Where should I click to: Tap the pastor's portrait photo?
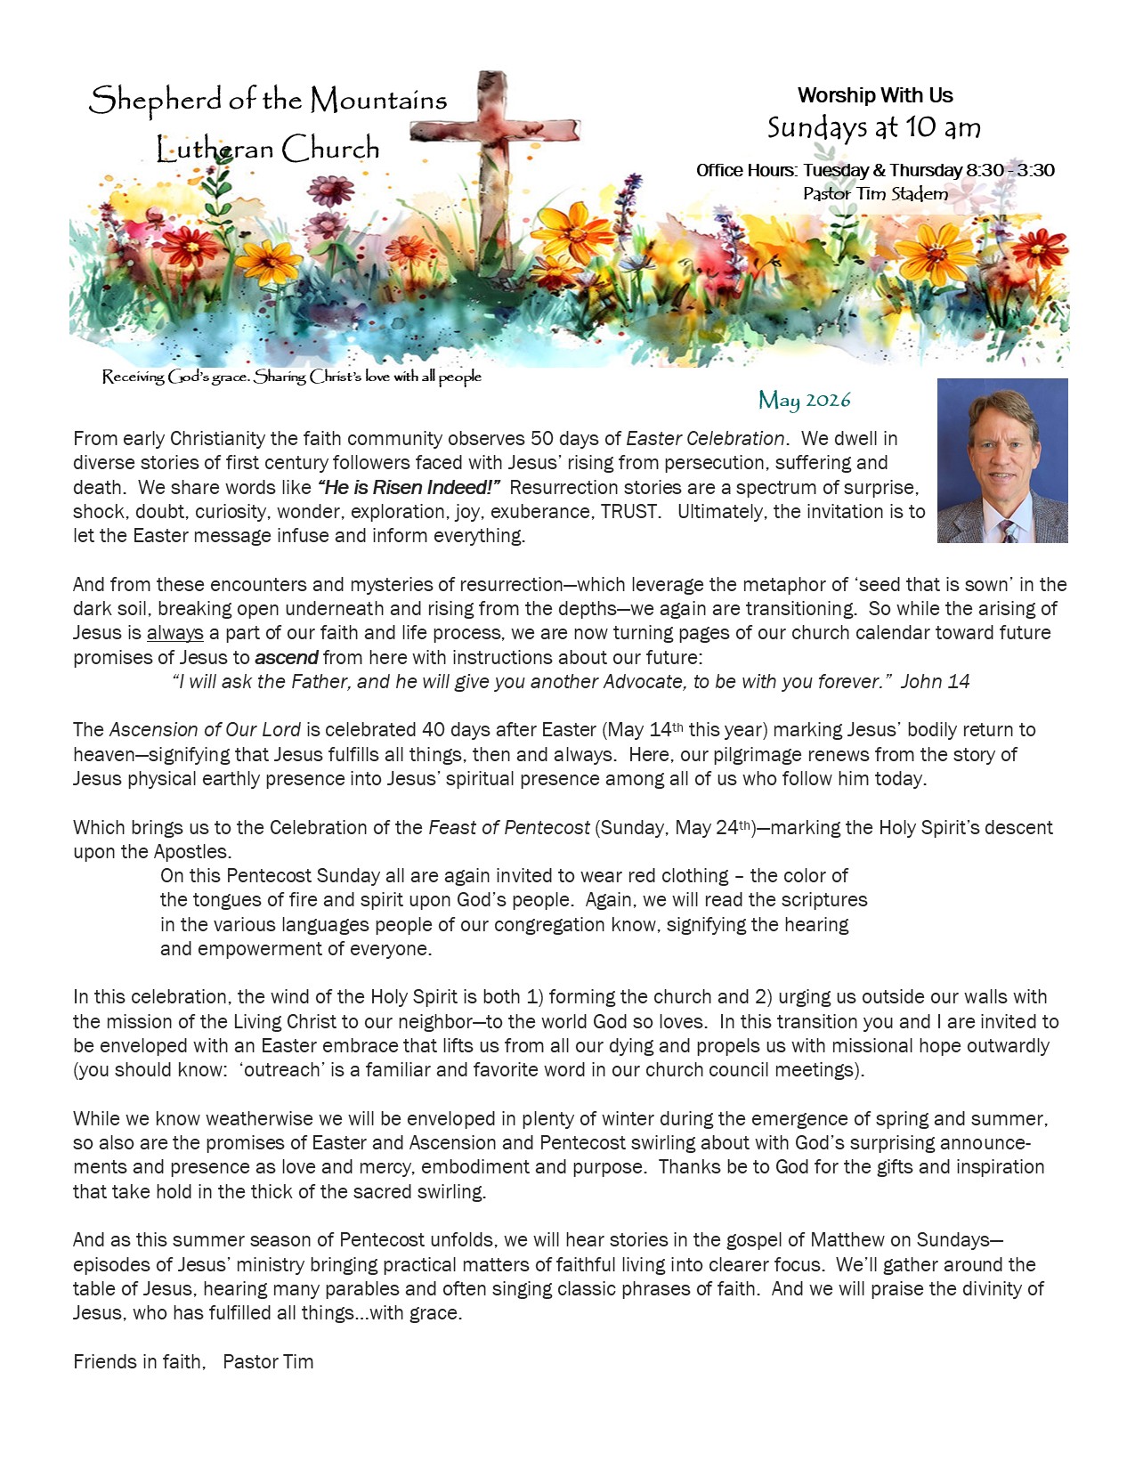(x=1001, y=460)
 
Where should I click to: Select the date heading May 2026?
(x=804, y=400)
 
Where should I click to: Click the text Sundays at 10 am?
(x=874, y=128)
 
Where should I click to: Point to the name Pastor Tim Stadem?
(x=875, y=193)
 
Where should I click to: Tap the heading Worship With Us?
(x=875, y=95)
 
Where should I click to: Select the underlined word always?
(x=174, y=633)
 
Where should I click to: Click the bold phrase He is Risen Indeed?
(x=409, y=488)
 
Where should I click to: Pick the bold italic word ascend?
(x=286, y=658)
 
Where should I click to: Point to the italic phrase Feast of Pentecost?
(x=508, y=828)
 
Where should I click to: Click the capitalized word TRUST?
(x=629, y=512)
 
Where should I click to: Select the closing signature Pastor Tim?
(x=268, y=1362)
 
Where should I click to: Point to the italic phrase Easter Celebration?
(x=705, y=439)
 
